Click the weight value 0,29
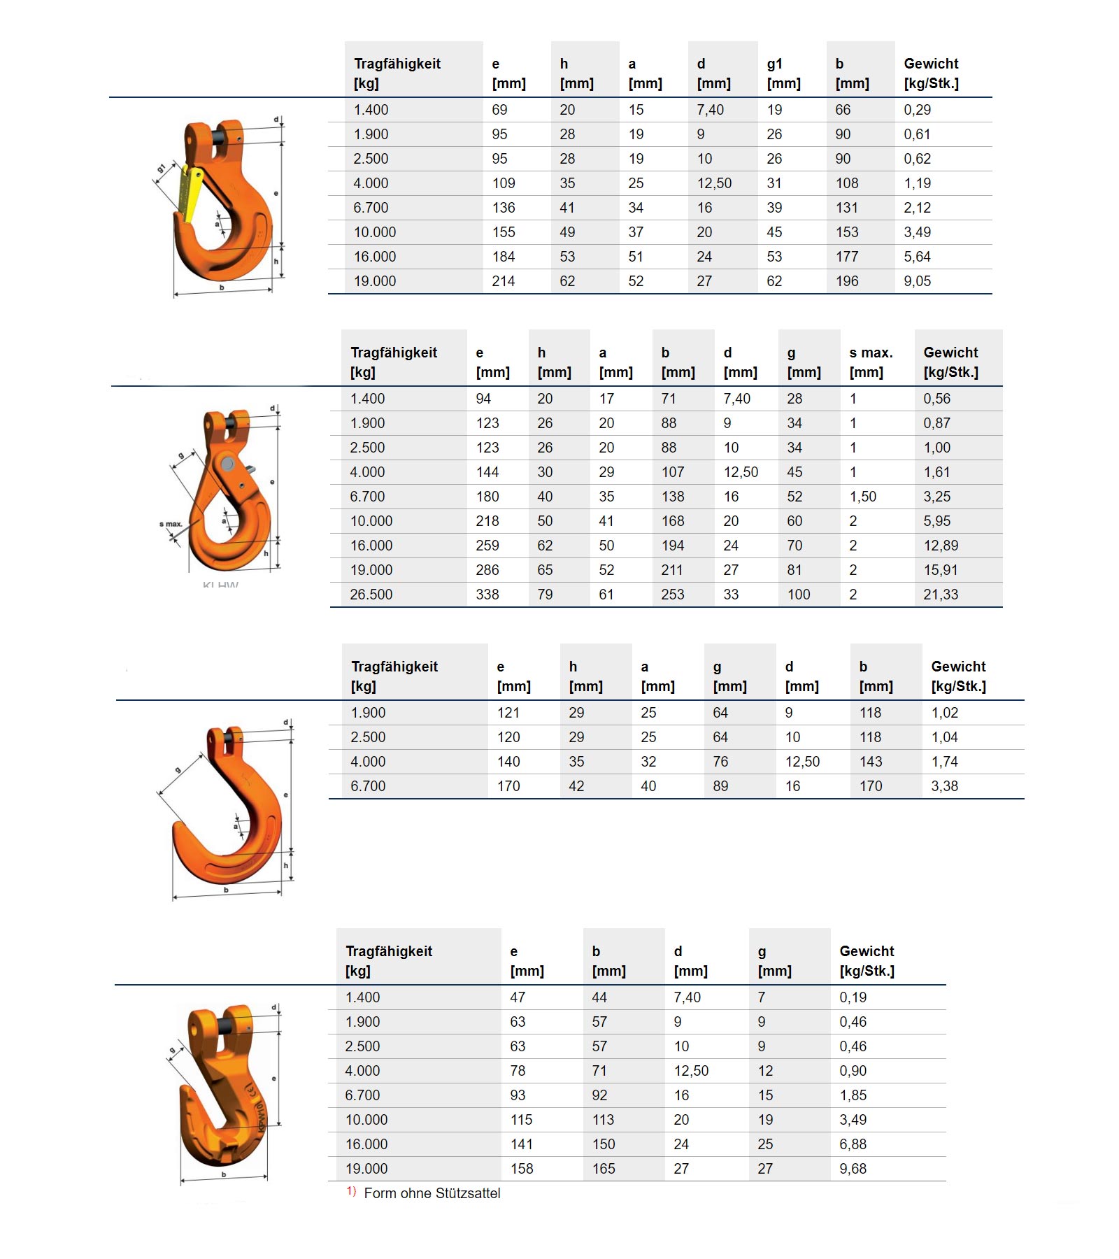(917, 110)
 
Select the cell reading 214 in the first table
(503, 281)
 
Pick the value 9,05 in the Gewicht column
(917, 281)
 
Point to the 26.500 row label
(371, 595)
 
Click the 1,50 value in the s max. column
(862, 497)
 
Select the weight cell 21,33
(941, 595)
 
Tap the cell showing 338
(487, 595)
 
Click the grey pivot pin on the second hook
(227, 464)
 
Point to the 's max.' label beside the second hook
(171, 524)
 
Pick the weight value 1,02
(944, 713)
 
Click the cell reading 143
(871, 762)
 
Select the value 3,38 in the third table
(944, 786)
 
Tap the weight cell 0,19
(853, 997)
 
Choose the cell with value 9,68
(853, 1169)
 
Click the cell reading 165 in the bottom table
(604, 1169)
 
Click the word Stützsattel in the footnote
(466, 1193)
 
